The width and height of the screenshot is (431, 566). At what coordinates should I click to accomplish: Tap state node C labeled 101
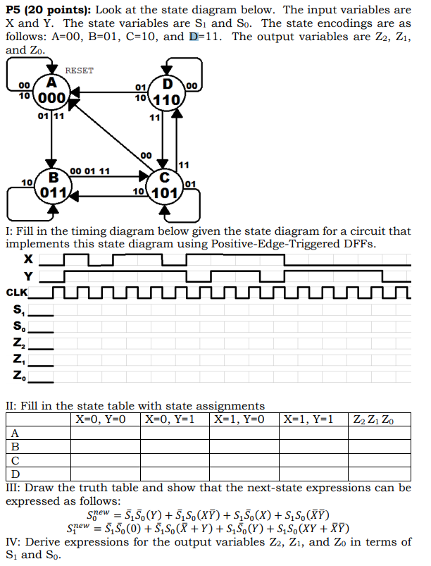[x=163, y=185]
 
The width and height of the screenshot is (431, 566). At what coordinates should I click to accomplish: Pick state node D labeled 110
[x=168, y=94]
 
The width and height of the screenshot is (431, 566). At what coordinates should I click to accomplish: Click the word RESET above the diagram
[x=79, y=70]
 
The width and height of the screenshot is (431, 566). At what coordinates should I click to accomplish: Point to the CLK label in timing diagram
[x=18, y=292]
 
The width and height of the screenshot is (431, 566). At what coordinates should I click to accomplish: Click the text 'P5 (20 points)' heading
[x=46, y=10]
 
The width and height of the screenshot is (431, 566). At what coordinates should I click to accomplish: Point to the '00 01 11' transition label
[x=90, y=171]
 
